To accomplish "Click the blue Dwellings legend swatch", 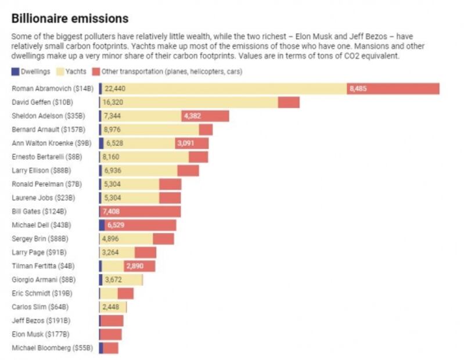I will [x=16, y=72].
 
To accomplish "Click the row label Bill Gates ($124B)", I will [x=40, y=211].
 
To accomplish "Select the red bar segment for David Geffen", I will [x=289, y=102].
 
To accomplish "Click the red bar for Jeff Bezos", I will [x=112, y=321].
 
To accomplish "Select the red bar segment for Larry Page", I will [x=145, y=253].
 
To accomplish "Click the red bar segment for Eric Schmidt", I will [x=125, y=293].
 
